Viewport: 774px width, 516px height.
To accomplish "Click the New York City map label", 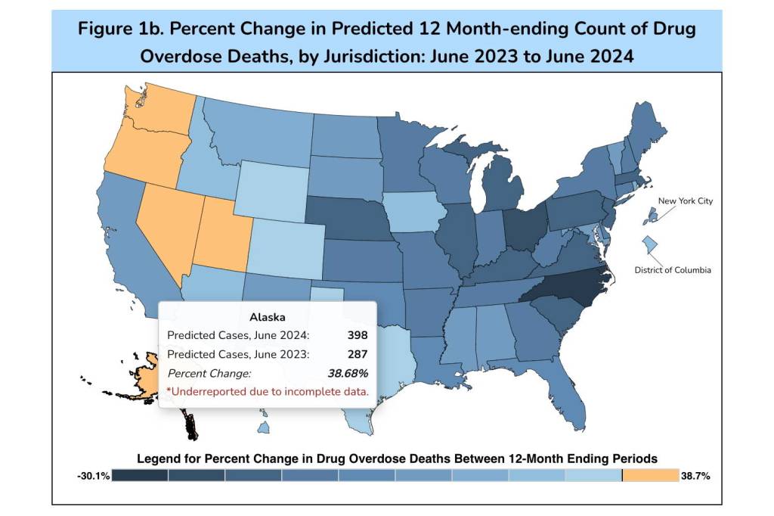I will tap(685, 201).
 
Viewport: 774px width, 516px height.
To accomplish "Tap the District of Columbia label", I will tap(672, 270).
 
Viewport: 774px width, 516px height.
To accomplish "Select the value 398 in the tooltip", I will tap(356, 334).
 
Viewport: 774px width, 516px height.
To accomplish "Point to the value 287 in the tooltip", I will tap(358, 354).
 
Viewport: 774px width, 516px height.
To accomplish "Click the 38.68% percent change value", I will tap(347, 373).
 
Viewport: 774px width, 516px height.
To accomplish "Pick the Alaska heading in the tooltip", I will tap(268, 316).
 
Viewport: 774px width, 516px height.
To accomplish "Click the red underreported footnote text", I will tap(268, 392).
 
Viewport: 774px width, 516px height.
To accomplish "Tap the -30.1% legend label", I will tap(93, 476).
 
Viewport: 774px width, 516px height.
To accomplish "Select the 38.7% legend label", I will tap(696, 476).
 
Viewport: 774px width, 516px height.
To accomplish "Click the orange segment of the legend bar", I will tap(650, 475).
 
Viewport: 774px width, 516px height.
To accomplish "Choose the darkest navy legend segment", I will tap(140, 475).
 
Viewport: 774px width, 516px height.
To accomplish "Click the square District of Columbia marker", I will tap(649, 245).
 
